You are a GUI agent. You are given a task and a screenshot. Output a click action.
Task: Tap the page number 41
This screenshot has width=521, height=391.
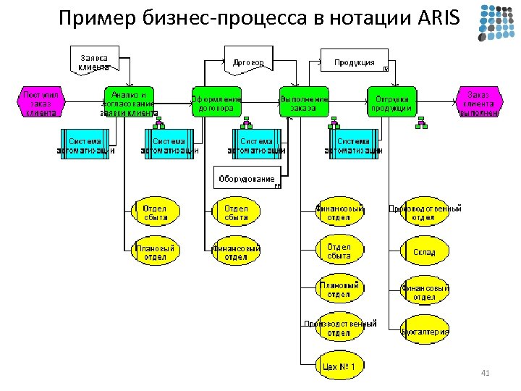(486, 373)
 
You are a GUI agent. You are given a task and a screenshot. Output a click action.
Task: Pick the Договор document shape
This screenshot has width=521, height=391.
(248, 62)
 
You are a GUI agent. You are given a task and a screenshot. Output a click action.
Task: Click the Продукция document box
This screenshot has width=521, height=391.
(355, 62)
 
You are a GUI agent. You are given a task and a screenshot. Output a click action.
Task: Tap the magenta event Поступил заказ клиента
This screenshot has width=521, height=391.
(41, 104)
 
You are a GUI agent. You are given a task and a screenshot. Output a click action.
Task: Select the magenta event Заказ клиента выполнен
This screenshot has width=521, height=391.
(478, 104)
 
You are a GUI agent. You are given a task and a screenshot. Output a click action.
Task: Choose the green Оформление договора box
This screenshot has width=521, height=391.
(216, 104)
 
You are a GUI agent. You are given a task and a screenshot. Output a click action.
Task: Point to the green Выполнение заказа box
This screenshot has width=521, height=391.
(304, 104)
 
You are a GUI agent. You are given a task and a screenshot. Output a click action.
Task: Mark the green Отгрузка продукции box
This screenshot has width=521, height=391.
(391, 104)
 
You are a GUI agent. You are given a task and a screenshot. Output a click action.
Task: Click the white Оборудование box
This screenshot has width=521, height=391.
(247, 177)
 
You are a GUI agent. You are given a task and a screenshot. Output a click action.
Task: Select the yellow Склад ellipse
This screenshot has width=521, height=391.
(424, 252)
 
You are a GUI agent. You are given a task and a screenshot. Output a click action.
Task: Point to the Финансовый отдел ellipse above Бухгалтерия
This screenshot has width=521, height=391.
(425, 292)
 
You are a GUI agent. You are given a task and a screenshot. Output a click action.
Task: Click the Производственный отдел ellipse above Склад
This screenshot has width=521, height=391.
(425, 212)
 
